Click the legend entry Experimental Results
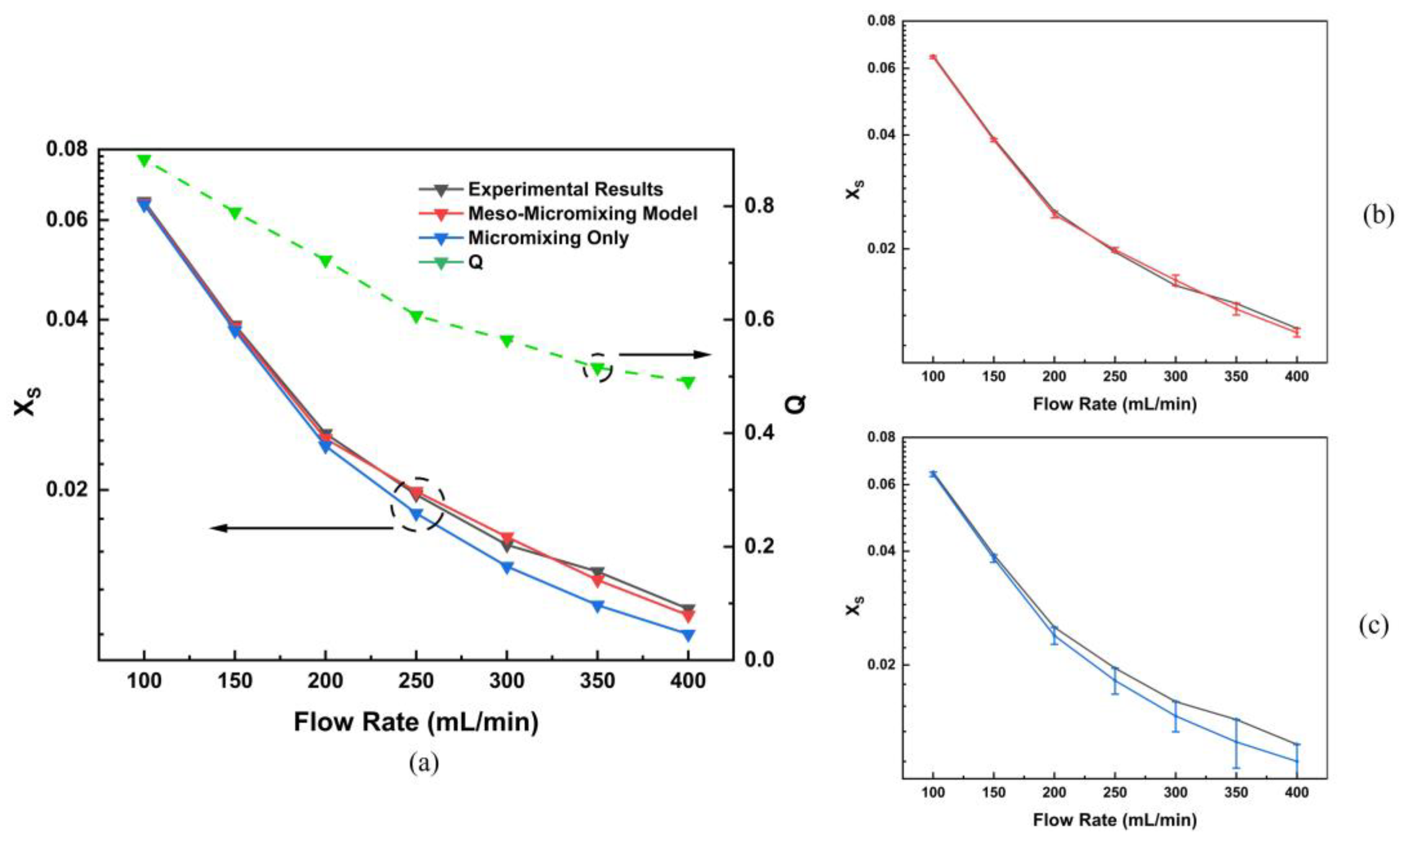(565, 189)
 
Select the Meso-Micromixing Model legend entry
(582, 213)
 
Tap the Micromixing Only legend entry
(548, 237)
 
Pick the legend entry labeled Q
(476, 262)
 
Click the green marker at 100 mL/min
(144, 161)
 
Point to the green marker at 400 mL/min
(688, 382)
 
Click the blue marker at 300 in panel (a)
(507, 567)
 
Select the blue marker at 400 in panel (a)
(688, 635)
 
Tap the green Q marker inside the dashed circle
(597, 368)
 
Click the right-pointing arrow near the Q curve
(665, 354)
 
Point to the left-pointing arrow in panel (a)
(301, 528)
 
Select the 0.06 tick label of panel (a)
(67, 220)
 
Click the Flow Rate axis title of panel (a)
(416, 723)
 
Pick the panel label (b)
(1378, 217)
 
